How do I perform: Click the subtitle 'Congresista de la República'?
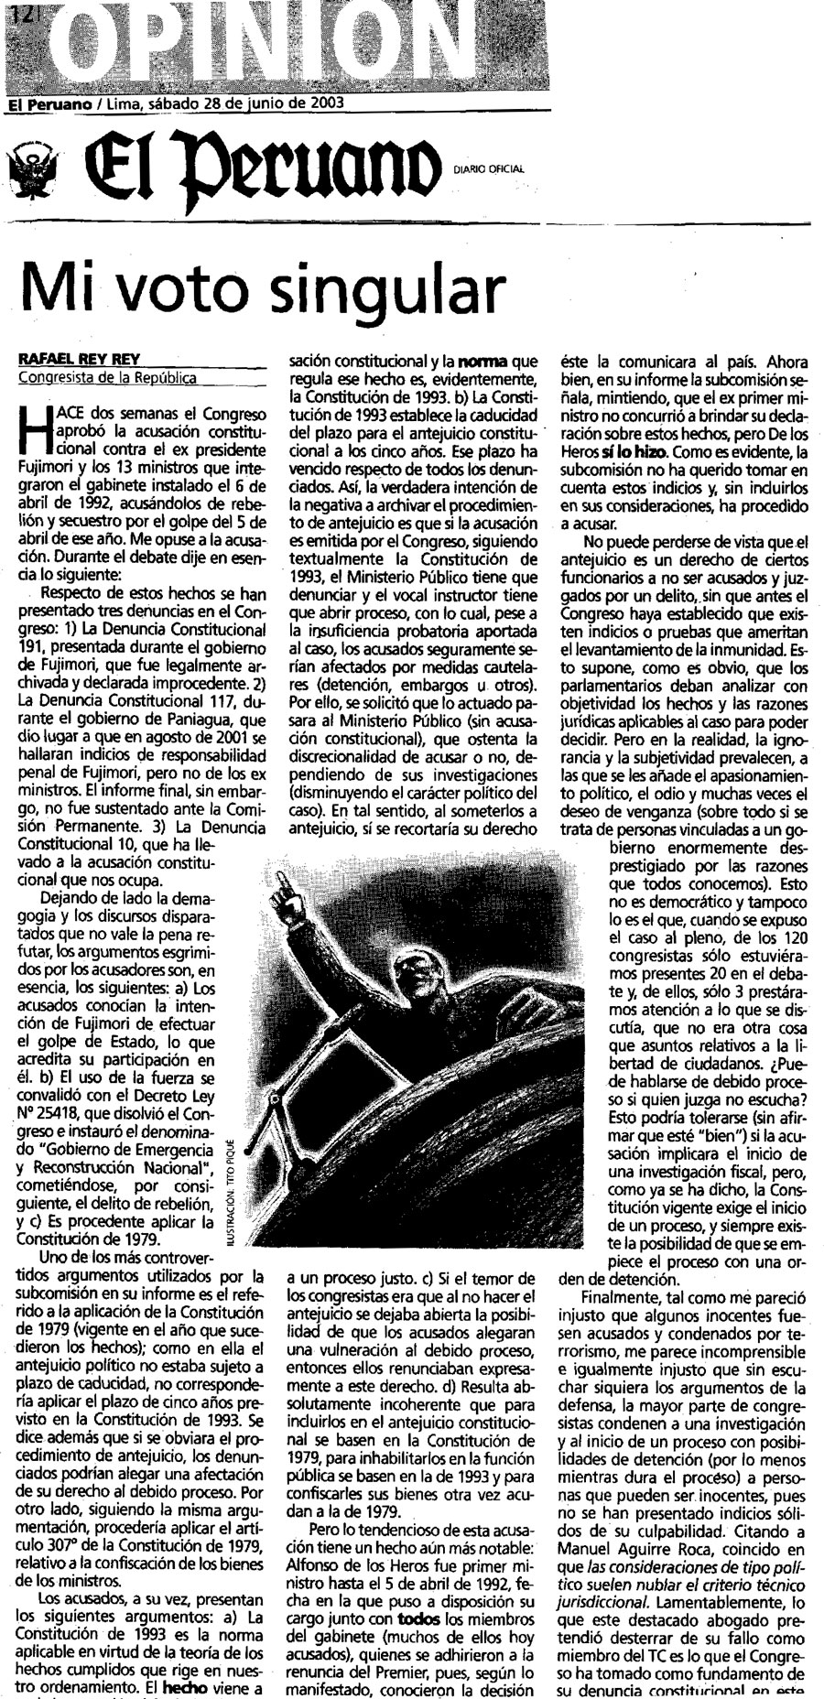[x=108, y=377]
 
